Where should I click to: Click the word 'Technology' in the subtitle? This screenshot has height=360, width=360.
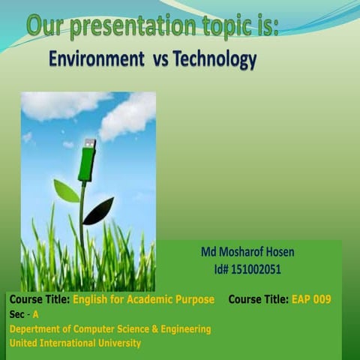[x=215, y=58]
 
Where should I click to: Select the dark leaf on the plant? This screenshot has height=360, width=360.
[x=98, y=211]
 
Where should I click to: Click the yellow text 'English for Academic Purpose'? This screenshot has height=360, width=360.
[x=143, y=299]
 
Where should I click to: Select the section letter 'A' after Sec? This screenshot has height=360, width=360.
[x=34, y=314]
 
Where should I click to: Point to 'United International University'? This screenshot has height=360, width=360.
[x=74, y=343]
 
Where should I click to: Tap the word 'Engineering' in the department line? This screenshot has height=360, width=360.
[x=184, y=328]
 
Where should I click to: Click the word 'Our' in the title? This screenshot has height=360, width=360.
[x=45, y=27]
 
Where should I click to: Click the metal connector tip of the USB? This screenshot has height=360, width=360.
[x=90, y=142]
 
